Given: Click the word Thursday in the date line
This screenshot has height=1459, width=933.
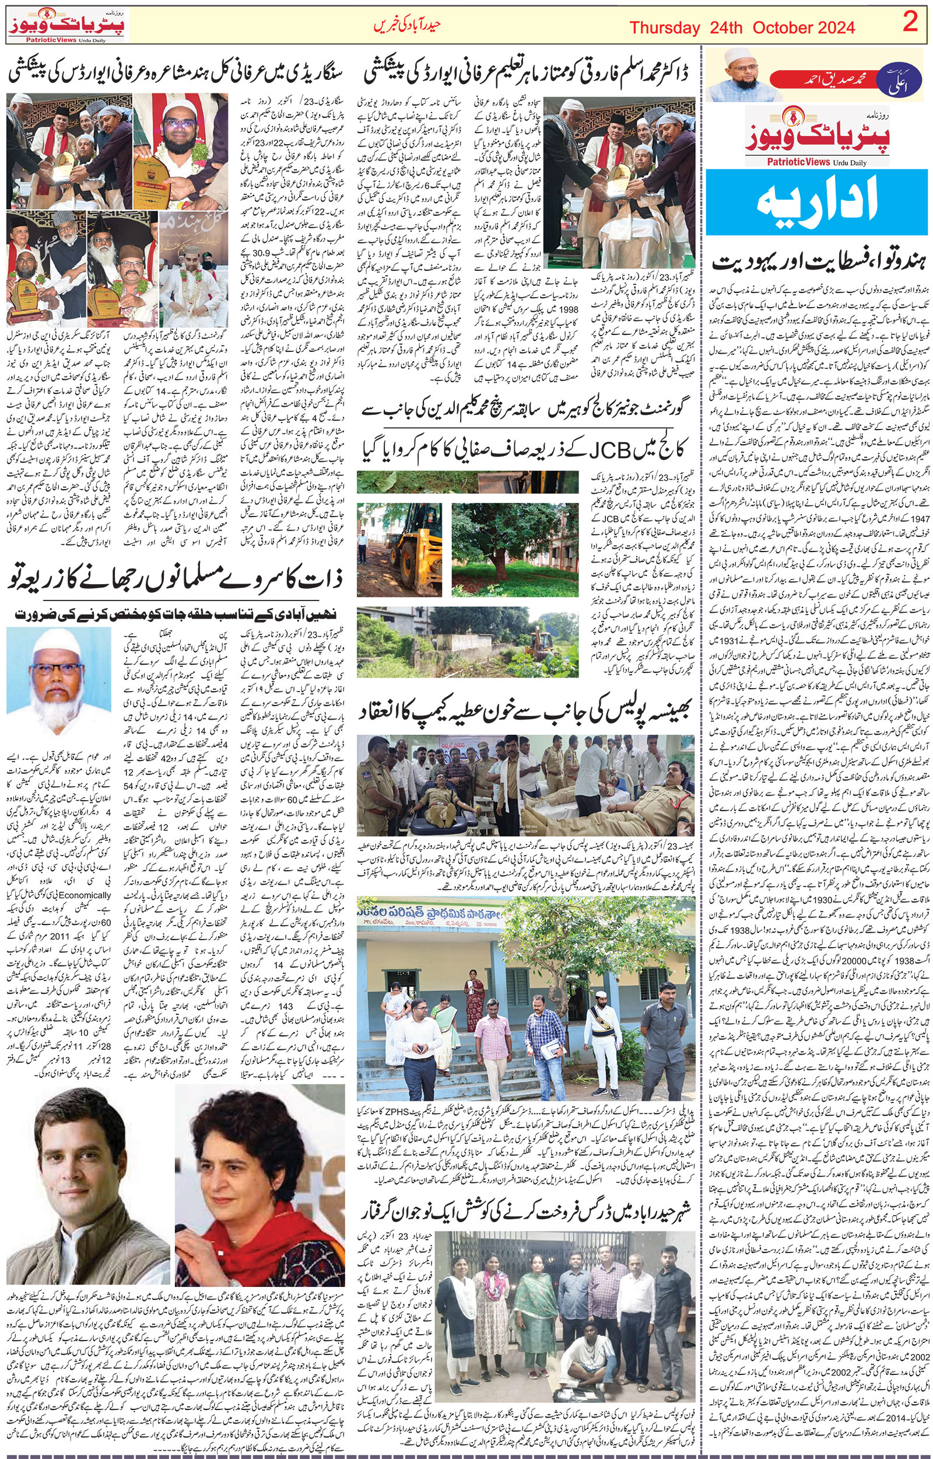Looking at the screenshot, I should pos(665,28).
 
